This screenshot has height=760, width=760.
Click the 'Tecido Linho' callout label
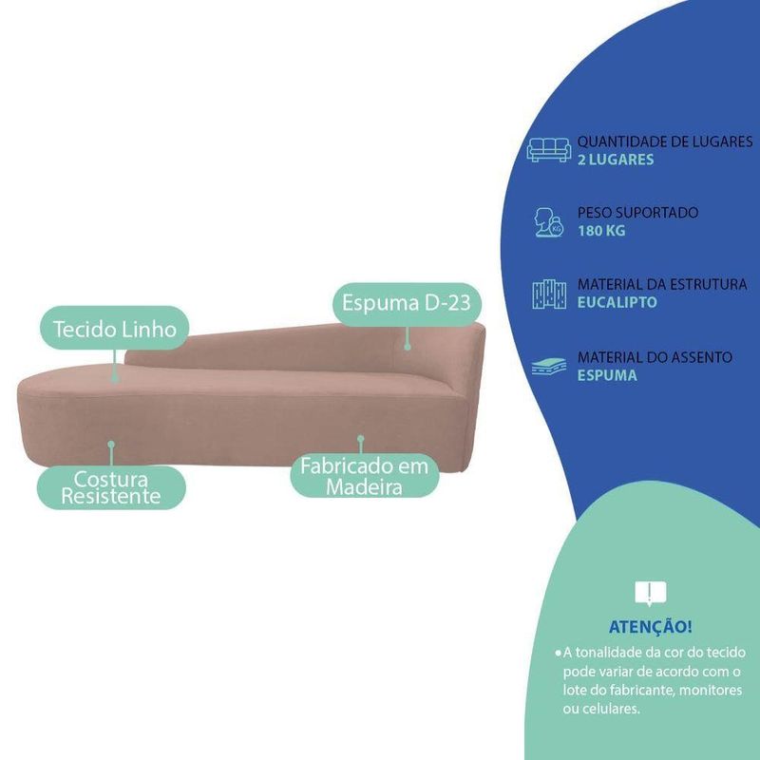pos(115,329)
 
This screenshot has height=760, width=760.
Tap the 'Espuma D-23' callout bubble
pos(406,304)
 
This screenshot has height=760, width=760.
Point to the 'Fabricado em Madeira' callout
pos(365,476)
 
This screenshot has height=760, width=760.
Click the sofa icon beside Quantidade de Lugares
pos(549,149)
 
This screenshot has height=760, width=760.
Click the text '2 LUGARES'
pos(616,160)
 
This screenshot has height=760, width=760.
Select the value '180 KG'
pos(600,231)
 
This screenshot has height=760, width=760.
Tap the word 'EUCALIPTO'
pos(617,302)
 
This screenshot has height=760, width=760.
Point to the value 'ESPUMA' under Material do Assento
pos(607,375)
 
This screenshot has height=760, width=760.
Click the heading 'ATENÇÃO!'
pos(651,627)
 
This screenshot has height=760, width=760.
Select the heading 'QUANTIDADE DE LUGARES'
pos(665,142)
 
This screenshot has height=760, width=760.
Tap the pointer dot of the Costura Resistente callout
pos(111,443)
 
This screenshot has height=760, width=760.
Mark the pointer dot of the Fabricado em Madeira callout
pos(361,439)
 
